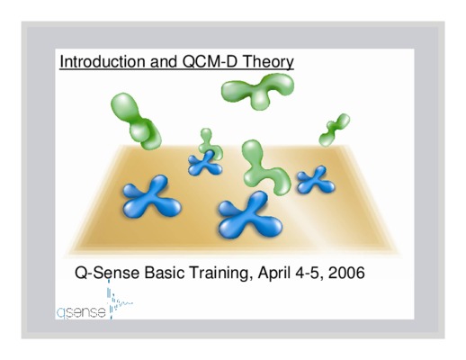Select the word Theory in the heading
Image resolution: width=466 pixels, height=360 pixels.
(268, 62)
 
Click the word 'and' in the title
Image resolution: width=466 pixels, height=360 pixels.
(164, 61)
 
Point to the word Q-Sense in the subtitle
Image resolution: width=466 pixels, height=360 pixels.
(107, 273)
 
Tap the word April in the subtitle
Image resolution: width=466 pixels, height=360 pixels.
(273, 274)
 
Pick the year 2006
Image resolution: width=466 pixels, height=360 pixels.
(346, 273)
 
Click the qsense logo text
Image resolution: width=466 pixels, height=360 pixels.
(81, 313)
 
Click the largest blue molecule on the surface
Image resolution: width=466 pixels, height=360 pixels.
(250, 215)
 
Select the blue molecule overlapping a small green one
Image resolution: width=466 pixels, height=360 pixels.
(205, 163)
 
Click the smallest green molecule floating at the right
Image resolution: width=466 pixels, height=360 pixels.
(334, 130)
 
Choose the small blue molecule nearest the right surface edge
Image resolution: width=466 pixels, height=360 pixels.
(316, 180)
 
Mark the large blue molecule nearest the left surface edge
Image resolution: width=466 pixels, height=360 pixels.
(152, 197)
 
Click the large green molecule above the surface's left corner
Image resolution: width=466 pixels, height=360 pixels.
(136, 121)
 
